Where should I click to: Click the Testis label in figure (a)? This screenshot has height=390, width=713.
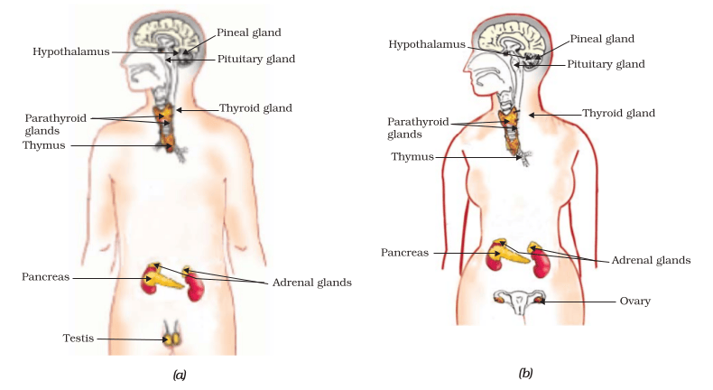(79, 339)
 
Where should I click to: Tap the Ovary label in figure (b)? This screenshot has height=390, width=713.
(634, 301)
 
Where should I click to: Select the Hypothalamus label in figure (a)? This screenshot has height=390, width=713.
(71, 51)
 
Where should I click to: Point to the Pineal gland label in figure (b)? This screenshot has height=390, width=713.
(602, 39)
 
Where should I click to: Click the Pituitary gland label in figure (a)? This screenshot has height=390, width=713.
(256, 60)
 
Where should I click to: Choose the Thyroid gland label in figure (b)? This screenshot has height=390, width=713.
(618, 113)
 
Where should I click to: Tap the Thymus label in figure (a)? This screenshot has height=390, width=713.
(44, 145)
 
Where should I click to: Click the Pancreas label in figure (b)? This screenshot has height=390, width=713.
(404, 253)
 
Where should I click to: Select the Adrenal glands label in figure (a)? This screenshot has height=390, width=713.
(312, 283)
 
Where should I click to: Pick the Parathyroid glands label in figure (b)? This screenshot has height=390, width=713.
(418, 128)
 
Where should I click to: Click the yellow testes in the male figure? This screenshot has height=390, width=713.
(171, 339)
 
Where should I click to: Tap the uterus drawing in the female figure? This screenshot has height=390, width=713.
(519, 302)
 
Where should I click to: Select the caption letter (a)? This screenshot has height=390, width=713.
(180, 375)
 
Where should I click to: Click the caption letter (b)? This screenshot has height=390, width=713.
(525, 373)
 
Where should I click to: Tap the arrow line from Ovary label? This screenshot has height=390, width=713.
(578, 302)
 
